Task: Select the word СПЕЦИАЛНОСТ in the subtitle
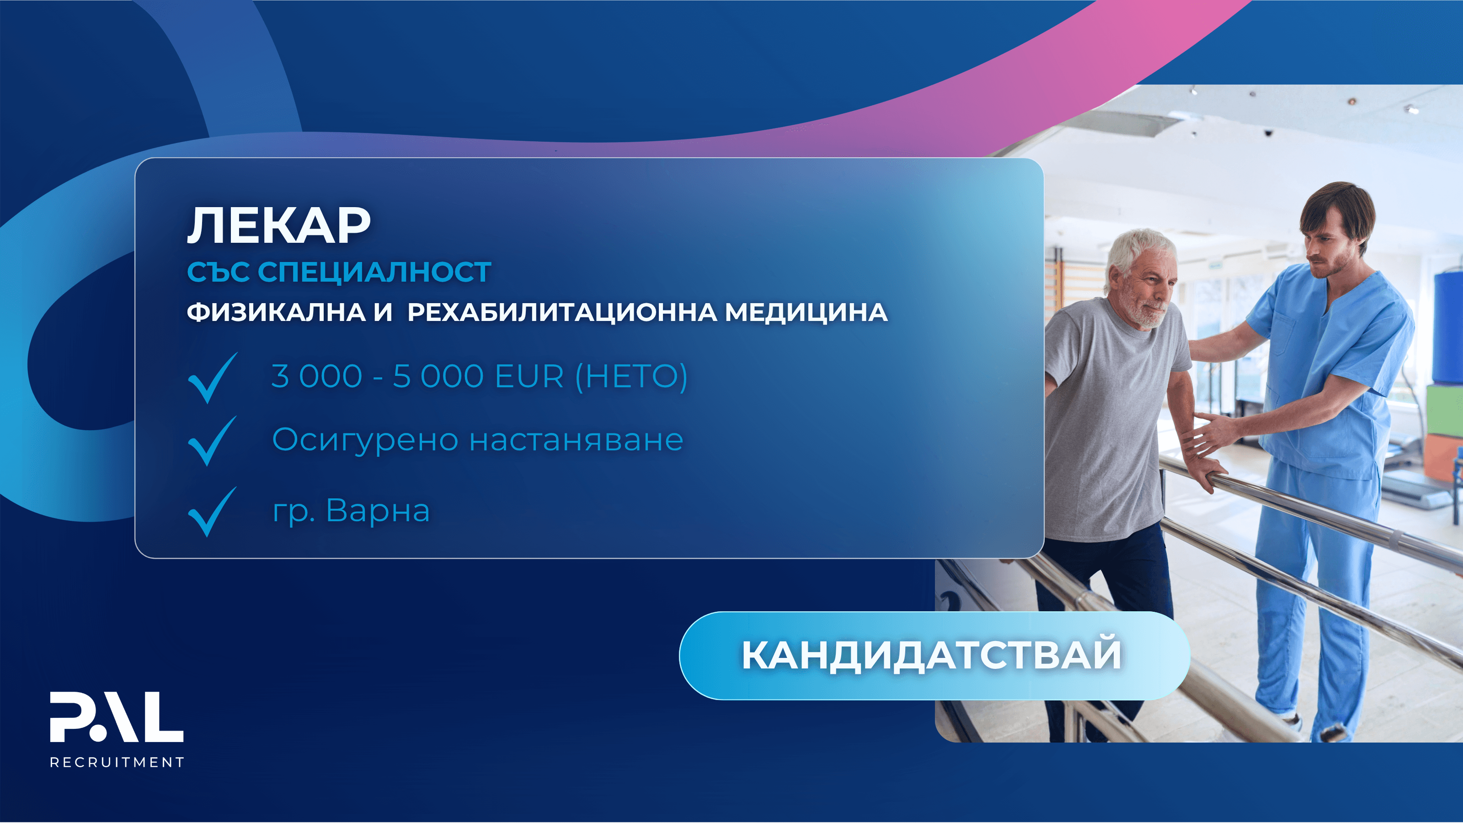pos(375,272)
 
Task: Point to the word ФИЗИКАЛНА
pos(276,312)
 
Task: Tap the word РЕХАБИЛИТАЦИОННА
pos(562,313)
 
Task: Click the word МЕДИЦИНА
pos(806,312)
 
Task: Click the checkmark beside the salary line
pos(213,378)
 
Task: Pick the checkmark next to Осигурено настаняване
pos(212,441)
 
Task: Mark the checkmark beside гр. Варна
pos(212,512)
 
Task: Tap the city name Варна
pos(378,511)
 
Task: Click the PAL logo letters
pos(117,717)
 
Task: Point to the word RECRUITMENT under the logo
pos(117,762)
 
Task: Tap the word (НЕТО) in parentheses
pos(631,377)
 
